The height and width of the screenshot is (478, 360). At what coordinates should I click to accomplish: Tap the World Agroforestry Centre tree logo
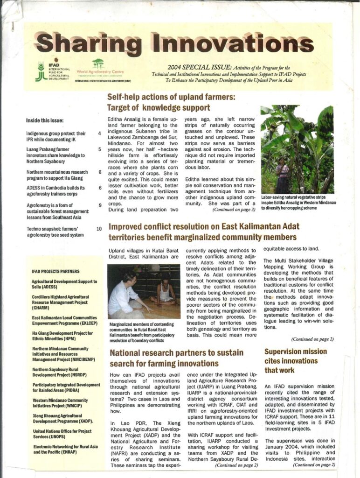tap(97, 64)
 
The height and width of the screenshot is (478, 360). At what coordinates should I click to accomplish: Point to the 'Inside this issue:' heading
tap(45, 120)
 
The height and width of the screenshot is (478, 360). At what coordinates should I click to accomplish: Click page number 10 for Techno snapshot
tap(99, 229)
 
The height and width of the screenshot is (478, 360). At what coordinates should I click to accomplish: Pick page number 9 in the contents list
tap(100, 205)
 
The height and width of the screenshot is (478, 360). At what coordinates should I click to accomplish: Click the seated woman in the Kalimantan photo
tap(164, 292)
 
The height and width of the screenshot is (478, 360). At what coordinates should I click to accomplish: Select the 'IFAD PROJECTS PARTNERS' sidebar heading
tap(55, 271)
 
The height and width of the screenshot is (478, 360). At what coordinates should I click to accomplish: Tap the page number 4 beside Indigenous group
tap(100, 134)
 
